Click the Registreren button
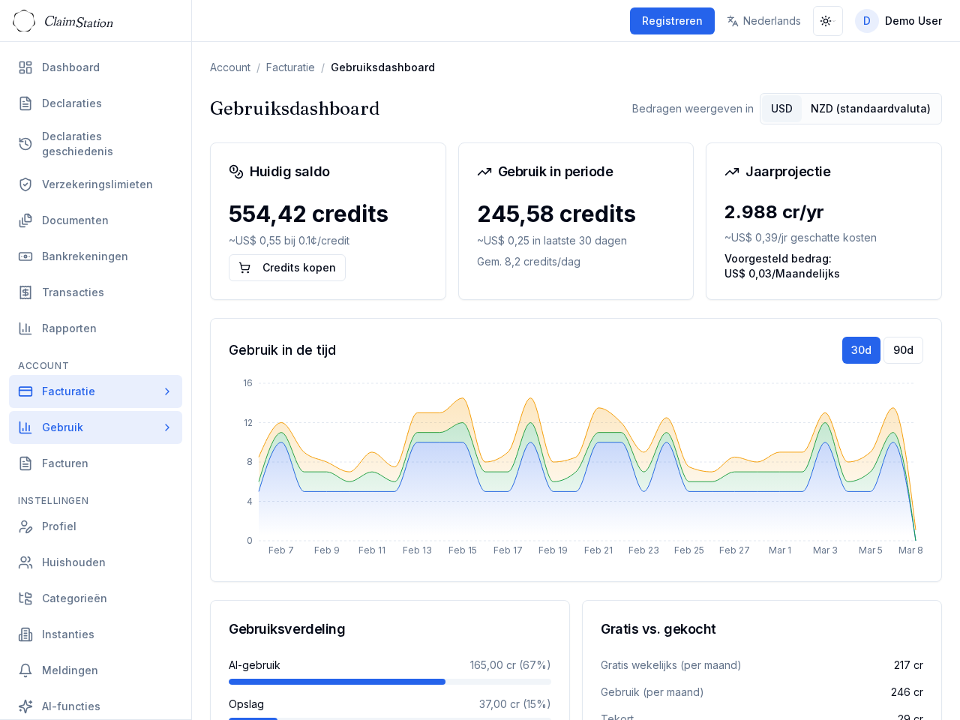click(x=671, y=21)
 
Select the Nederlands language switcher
click(x=763, y=21)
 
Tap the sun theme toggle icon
click(x=826, y=21)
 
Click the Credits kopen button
click(x=287, y=268)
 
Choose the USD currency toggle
click(x=781, y=109)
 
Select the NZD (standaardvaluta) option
click(x=870, y=109)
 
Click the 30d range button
click(x=860, y=350)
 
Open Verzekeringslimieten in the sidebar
click(x=97, y=184)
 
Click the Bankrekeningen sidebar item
click(x=85, y=256)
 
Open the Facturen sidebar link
click(x=65, y=463)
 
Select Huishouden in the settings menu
click(x=73, y=562)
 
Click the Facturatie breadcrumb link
click(x=290, y=67)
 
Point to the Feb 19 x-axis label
click(x=553, y=550)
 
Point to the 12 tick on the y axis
click(x=248, y=423)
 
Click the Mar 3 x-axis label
click(x=825, y=550)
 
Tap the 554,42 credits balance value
click(x=308, y=214)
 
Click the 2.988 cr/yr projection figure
click(x=774, y=212)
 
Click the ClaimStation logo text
click(x=79, y=22)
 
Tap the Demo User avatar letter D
click(x=866, y=21)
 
